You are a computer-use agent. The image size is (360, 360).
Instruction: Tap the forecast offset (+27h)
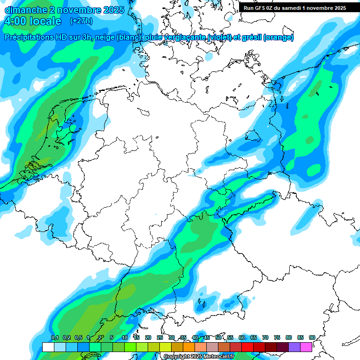click(x=81, y=21)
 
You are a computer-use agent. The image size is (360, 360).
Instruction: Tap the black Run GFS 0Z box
click(x=294, y=7)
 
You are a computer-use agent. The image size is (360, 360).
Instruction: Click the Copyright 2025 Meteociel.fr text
click(x=199, y=357)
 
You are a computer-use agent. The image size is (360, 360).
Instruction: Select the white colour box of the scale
click(x=48, y=347)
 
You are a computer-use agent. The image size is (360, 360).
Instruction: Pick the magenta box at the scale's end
click(x=306, y=347)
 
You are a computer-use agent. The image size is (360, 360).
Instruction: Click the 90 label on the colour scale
click(x=312, y=337)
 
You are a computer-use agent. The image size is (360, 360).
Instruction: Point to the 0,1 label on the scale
click(x=54, y=337)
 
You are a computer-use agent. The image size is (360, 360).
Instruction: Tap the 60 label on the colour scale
click(x=242, y=337)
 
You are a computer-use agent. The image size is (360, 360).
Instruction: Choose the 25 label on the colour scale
click(x=160, y=337)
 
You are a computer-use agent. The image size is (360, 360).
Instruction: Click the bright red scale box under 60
click(x=247, y=347)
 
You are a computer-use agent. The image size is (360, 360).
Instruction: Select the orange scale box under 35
click(x=189, y=347)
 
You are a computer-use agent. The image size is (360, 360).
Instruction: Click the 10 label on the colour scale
click(x=125, y=337)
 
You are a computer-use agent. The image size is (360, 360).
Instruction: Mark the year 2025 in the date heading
click(x=113, y=9)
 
